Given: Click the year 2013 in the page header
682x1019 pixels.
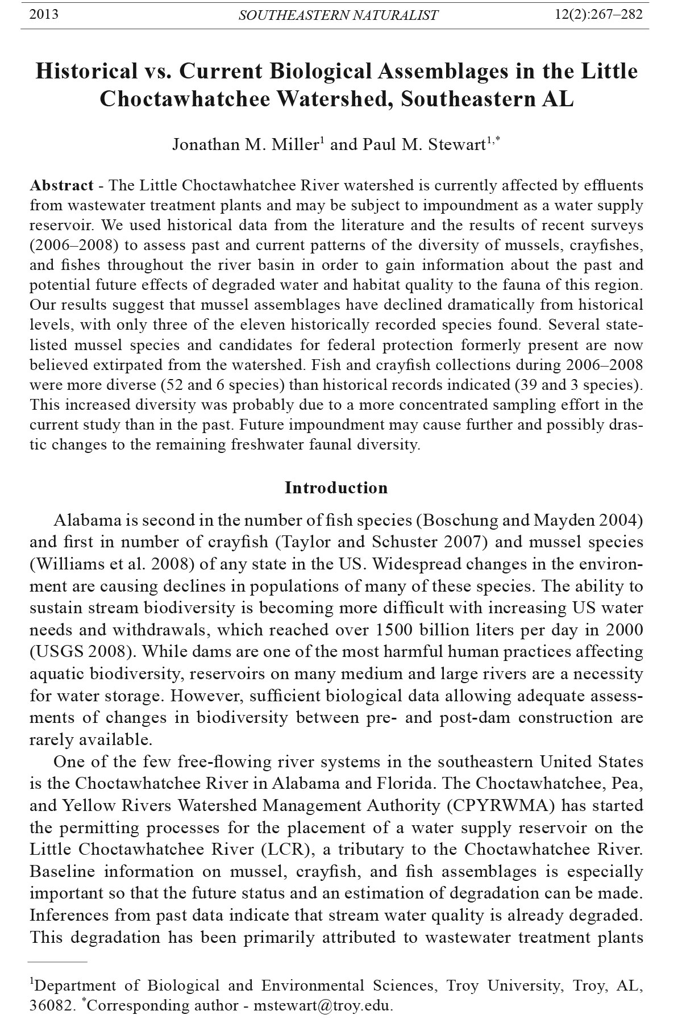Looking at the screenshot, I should (x=44, y=14).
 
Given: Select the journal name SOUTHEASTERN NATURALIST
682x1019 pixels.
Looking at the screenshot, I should (x=338, y=15).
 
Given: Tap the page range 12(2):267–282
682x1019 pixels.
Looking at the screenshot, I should (x=598, y=14).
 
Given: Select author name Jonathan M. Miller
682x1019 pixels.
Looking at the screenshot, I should (x=245, y=145).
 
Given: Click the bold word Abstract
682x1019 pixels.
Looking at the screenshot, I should (x=61, y=186).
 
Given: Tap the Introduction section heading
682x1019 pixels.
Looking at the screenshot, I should (x=336, y=488).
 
